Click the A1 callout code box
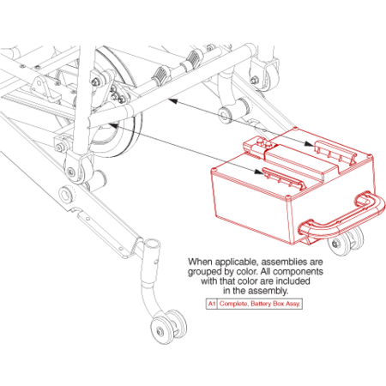click(211, 304)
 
